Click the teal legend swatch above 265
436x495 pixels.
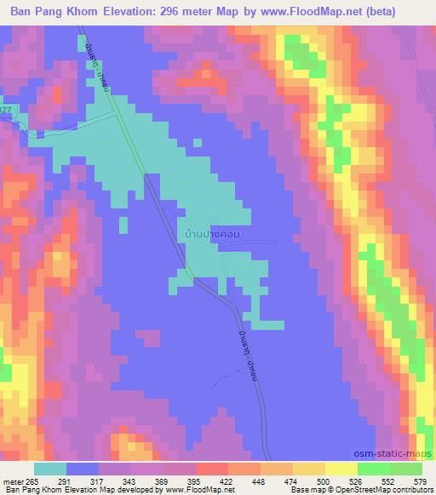pyautogui.click(x=50, y=468)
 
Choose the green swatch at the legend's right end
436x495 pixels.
pyautogui.click(x=407, y=468)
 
